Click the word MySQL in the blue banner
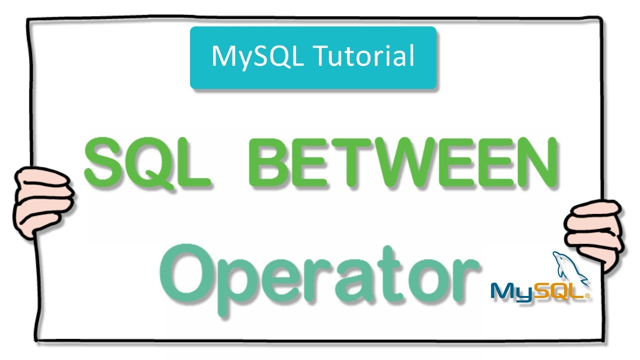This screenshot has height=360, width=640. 257,56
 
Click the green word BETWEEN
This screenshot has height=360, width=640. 404,160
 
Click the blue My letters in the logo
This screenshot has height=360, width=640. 510,291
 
